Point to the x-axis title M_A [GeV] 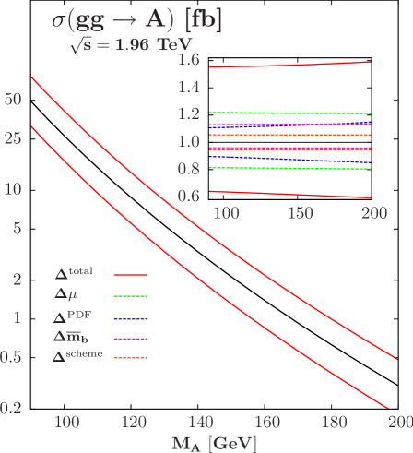[213, 442]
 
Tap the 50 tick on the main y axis [13, 98]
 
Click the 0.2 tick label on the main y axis [11, 407]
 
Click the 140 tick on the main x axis [200, 423]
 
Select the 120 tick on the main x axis [134, 423]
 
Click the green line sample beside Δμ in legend [131, 295]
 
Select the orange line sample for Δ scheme [131, 357]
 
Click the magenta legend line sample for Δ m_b [131, 337]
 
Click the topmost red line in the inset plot [290, 65]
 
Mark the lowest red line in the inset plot [290, 195]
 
